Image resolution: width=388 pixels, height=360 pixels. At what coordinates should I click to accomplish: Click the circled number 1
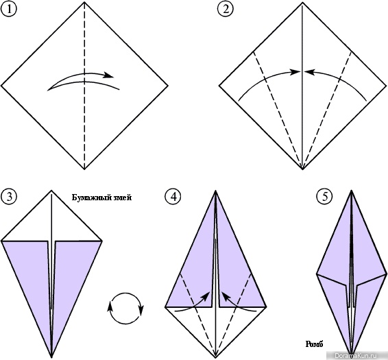tap(9, 10)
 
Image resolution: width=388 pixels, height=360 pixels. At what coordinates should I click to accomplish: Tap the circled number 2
tap(226, 10)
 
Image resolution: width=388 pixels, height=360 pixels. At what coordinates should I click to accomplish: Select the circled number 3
tap(9, 197)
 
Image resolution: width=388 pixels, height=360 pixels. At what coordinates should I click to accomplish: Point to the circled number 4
tap(173, 197)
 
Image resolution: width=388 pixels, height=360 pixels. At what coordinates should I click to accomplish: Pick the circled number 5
tap(325, 197)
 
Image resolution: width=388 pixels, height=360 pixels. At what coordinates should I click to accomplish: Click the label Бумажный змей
tap(101, 197)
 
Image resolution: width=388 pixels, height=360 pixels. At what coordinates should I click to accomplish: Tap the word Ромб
tap(314, 344)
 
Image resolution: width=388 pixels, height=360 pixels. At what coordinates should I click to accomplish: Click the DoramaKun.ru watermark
tap(357, 355)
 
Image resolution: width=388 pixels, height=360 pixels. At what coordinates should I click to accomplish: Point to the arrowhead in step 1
tap(109, 75)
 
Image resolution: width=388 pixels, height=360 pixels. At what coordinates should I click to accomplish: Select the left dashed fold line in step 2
tap(278, 110)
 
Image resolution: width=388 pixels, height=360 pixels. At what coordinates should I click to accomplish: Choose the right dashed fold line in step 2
tap(327, 110)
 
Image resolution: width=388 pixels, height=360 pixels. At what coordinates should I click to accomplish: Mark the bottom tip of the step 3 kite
tap(51, 357)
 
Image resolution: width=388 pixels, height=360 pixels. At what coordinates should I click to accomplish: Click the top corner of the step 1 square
tap(84, 2)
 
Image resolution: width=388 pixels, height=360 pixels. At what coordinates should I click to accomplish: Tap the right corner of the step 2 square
tap(386, 86)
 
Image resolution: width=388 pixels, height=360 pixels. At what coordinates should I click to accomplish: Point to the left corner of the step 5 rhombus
tap(317, 274)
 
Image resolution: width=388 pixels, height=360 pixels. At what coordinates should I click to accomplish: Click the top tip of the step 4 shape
tap(216, 191)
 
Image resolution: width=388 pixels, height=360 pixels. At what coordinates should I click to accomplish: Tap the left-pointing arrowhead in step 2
tap(308, 72)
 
